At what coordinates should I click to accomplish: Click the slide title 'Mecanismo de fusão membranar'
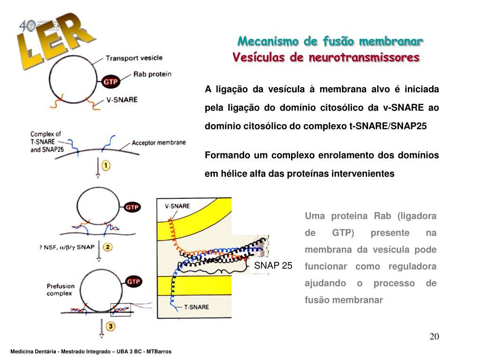click(330, 41)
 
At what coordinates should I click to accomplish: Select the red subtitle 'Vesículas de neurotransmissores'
click(326, 58)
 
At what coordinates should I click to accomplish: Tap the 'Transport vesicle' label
click(134, 58)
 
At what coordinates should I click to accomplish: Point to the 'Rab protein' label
click(152, 74)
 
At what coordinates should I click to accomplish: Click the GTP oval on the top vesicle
click(111, 82)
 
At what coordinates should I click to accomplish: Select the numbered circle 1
click(106, 166)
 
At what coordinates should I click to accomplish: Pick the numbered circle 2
click(107, 247)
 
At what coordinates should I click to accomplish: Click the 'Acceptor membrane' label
click(158, 143)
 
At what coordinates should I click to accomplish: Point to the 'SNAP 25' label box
click(273, 266)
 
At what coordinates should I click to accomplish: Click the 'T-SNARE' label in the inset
click(196, 307)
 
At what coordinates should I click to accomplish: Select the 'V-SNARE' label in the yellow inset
click(177, 206)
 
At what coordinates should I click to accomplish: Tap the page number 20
click(434, 337)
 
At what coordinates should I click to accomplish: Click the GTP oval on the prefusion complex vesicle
click(133, 282)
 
